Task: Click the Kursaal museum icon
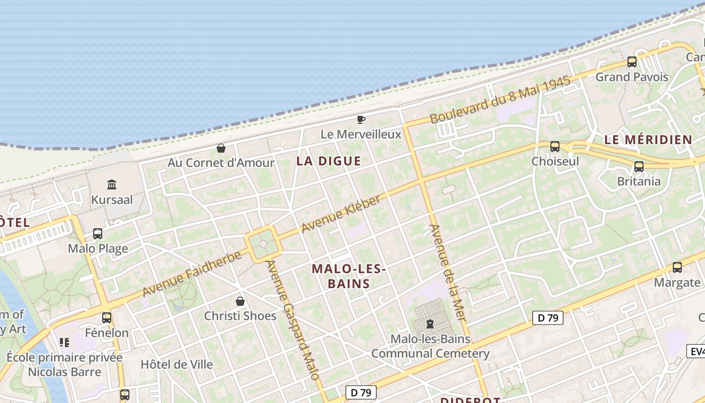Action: (112, 184)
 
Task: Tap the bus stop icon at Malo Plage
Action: (98, 234)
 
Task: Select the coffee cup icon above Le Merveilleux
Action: (361, 119)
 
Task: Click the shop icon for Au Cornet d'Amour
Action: (221, 148)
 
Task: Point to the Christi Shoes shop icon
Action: (240, 301)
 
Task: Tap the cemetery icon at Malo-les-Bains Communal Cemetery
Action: (430, 323)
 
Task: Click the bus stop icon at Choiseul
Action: (555, 147)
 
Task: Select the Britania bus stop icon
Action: (639, 166)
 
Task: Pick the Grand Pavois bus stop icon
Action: (631, 62)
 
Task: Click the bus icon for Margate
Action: (677, 267)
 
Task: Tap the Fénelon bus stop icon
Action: (107, 318)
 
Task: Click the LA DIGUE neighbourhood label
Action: (329, 161)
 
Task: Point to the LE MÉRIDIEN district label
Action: (648, 140)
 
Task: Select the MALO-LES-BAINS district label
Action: (348, 276)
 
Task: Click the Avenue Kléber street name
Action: (341, 214)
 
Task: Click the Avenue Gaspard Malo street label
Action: (292, 320)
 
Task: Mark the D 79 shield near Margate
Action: (547, 318)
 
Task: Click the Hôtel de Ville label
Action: (177, 364)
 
